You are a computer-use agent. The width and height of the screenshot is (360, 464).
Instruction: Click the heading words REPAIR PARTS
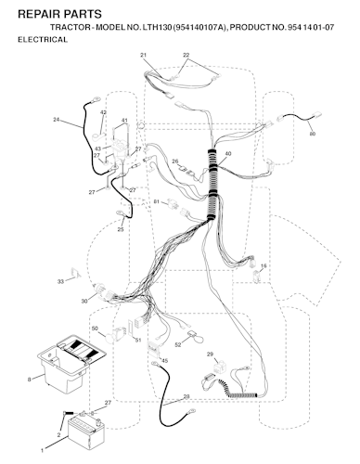[59, 14]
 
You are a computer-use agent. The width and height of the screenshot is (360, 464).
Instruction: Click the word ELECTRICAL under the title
[43, 40]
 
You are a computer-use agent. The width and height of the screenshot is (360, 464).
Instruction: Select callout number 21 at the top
[143, 55]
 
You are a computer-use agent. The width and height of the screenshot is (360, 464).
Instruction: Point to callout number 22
[186, 55]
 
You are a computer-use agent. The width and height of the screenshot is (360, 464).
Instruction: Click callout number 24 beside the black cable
[56, 120]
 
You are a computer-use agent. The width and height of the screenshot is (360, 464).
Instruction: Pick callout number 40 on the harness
[228, 154]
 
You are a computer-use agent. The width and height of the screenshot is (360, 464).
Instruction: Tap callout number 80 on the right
[313, 134]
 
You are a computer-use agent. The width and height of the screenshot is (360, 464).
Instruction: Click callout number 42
[104, 112]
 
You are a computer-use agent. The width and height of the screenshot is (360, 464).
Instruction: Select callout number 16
[264, 265]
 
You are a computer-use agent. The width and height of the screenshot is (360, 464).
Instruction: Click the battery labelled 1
[86, 433]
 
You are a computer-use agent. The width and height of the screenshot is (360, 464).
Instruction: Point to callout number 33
[60, 281]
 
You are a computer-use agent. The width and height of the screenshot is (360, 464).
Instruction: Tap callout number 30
[84, 301]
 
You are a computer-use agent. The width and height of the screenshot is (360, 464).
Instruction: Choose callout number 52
[178, 345]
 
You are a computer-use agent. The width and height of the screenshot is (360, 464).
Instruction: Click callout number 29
[210, 354]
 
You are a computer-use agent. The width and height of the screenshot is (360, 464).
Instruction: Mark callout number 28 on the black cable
[186, 396]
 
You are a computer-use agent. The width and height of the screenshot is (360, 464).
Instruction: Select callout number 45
[165, 361]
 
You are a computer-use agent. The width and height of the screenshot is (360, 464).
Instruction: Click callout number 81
[157, 202]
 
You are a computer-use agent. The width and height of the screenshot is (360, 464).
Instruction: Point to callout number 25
[121, 229]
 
